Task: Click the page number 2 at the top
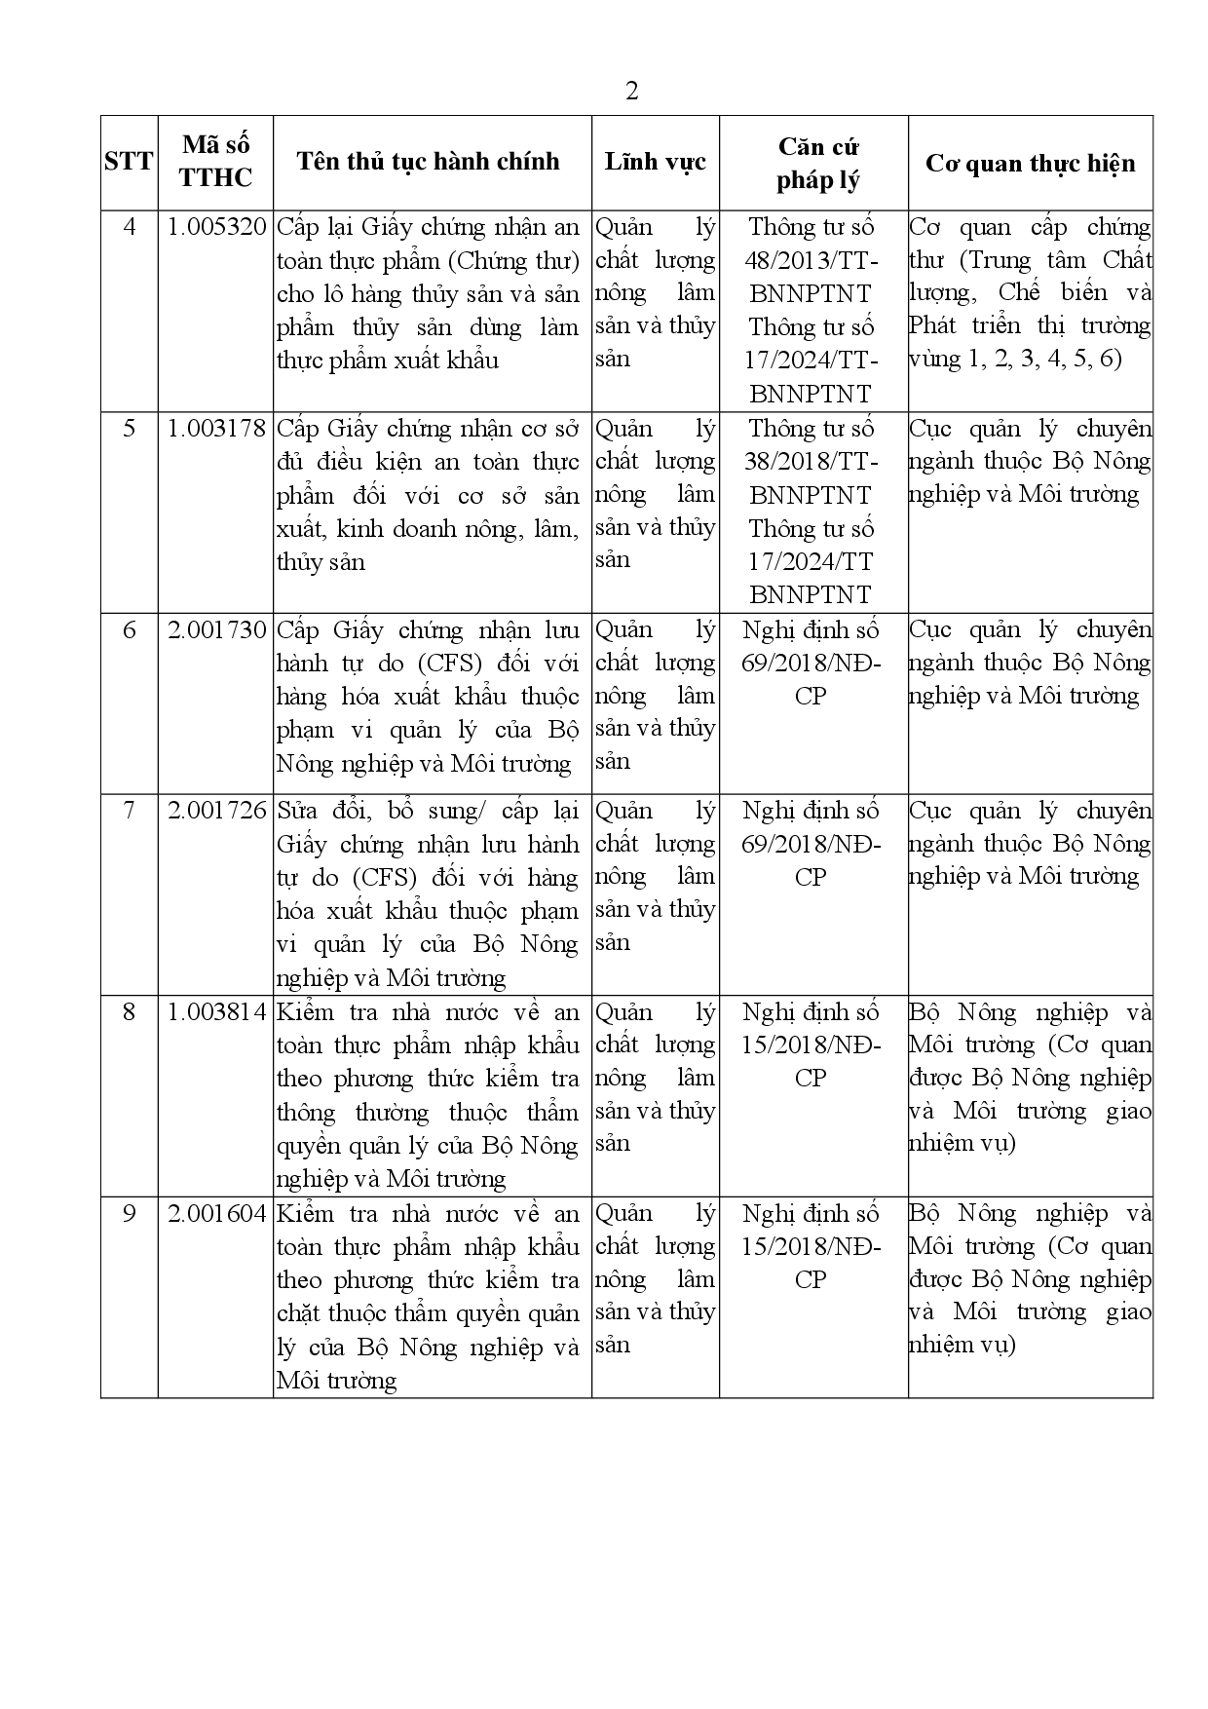pyautogui.click(x=631, y=92)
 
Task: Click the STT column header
pyautogui.click(x=129, y=162)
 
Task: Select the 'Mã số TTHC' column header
pyautogui.click(x=215, y=162)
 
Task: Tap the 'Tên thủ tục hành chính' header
pyautogui.click(x=429, y=162)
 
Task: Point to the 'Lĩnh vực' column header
pyautogui.click(x=655, y=162)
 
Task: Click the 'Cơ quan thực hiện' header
pyautogui.click(x=1030, y=163)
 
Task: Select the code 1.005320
pyautogui.click(x=216, y=228)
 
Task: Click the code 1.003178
pyautogui.click(x=216, y=429)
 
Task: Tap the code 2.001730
pyautogui.click(x=216, y=630)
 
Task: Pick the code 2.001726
pyautogui.click(x=216, y=811)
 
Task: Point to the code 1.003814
pyautogui.click(x=216, y=1012)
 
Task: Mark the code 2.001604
pyautogui.click(x=216, y=1214)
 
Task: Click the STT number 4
pyautogui.click(x=129, y=228)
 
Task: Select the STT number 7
pyautogui.click(x=129, y=811)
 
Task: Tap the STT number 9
pyautogui.click(x=129, y=1214)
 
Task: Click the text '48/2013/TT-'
pyautogui.click(x=812, y=261)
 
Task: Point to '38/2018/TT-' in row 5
pyautogui.click(x=812, y=462)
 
